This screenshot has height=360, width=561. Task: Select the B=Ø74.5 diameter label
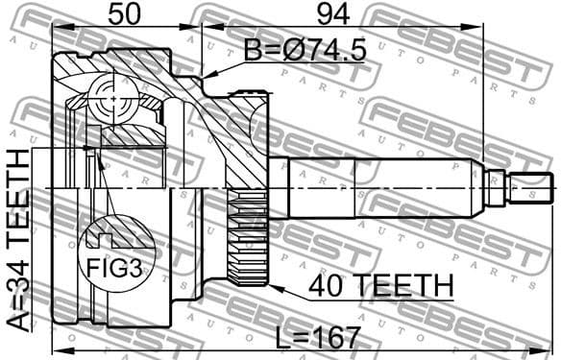click(x=304, y=51)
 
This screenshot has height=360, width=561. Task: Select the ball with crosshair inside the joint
click(x=114, y=100)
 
